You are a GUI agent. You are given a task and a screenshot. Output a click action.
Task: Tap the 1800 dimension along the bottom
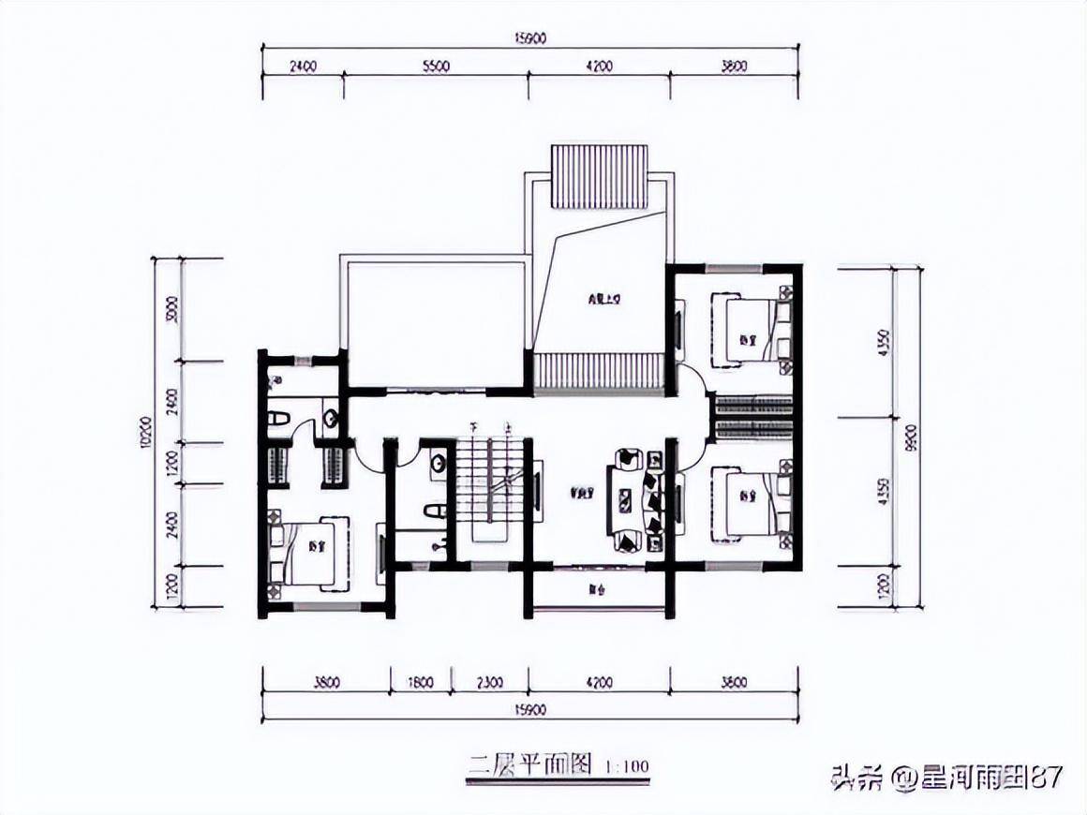point(420,683)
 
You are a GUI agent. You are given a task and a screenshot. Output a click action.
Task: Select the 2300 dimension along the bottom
point(489,683)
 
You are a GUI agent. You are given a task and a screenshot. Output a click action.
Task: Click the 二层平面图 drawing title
point(529,765)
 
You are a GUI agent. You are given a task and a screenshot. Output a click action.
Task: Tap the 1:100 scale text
point(628,767)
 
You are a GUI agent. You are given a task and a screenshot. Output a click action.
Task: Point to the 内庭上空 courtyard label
point(600,301)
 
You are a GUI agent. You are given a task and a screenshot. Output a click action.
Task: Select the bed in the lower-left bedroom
point(314,553)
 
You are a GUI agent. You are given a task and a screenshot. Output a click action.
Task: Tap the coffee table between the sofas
point(624,500)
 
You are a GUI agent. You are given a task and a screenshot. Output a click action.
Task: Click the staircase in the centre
point(489,487)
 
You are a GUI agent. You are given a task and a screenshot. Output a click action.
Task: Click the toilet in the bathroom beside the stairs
point(433,511)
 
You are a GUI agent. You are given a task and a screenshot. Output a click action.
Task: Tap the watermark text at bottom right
point(946,778)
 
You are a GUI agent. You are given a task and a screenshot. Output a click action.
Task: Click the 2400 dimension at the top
point(302,67)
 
